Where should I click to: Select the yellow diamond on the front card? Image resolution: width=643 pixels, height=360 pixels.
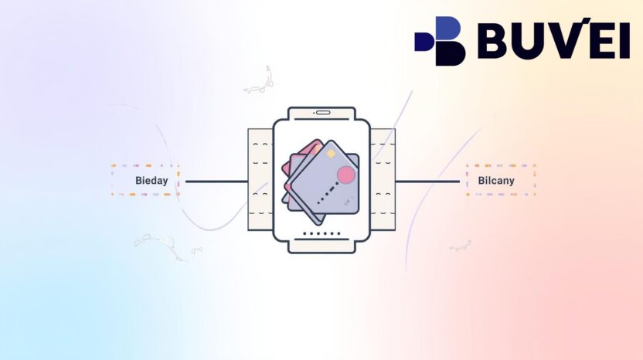(331, 155)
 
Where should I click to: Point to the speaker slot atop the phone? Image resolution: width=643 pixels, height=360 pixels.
(322, 113)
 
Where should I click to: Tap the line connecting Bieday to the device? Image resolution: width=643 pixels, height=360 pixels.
(216, 182)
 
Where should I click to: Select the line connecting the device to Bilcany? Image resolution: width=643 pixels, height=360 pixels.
(427, 182)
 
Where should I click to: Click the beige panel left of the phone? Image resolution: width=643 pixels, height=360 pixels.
(260, 179)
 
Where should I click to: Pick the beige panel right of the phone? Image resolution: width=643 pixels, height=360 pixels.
(383, 179)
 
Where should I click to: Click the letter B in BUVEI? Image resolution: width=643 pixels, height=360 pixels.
(494, 40)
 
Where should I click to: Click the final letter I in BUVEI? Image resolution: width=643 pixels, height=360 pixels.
(623, 40)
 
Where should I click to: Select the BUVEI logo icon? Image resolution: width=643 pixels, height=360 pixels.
(441, 41)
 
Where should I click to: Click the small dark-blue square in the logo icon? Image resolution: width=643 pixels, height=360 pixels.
(424, 41)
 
